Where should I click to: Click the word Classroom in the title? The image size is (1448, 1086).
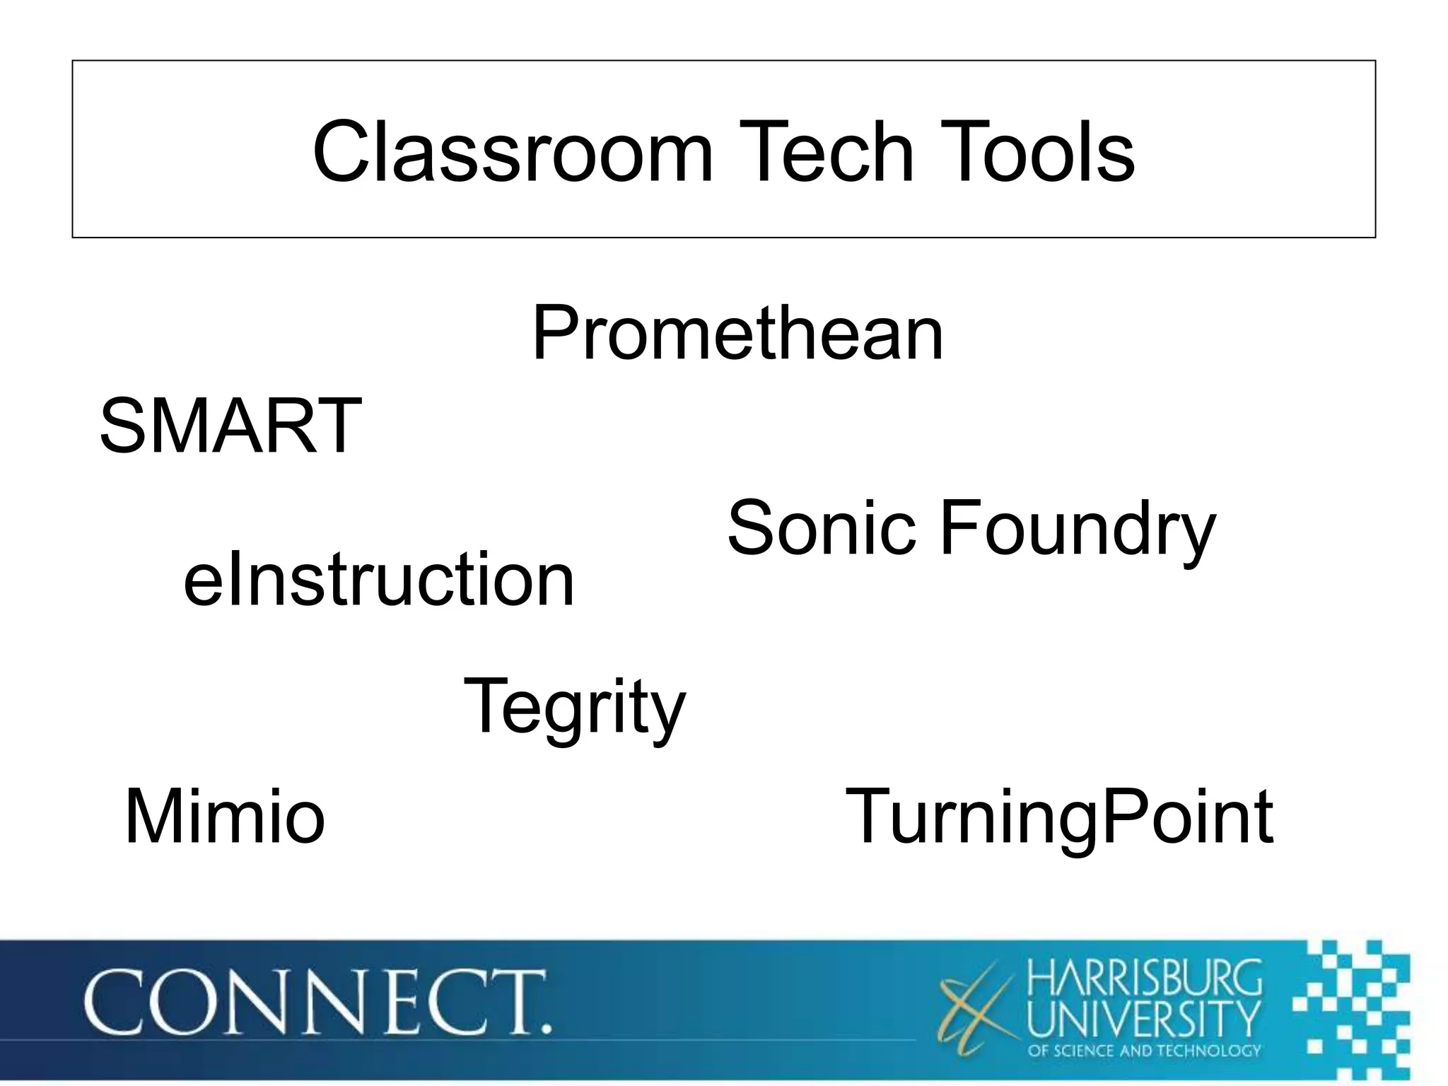[513, 152]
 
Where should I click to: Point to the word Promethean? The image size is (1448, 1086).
[737, 334]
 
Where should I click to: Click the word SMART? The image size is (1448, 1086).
[230, 426]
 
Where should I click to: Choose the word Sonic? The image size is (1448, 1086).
[822, 527]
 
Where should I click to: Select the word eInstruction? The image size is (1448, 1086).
[379, 580]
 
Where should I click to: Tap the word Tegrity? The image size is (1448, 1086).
[574, 707]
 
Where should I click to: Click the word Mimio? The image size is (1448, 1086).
[224, 817]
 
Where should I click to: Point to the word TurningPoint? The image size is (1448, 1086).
[1059, 818]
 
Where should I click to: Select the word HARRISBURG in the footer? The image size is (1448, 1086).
[1144, 976]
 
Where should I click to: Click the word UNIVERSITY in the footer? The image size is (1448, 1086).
[1144, 1017]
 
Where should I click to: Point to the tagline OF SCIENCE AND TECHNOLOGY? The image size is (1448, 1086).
[1144, 1051]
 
